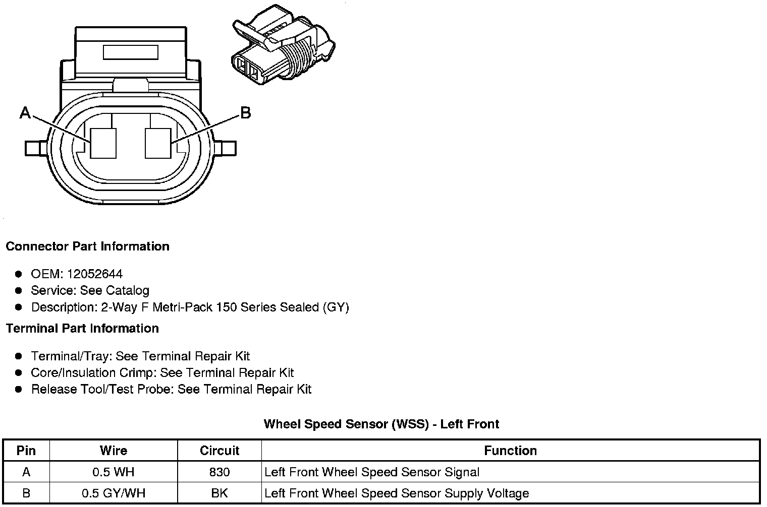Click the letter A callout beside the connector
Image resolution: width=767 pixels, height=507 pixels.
tap(25, 112)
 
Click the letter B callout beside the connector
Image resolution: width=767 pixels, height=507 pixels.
tap(245, 112)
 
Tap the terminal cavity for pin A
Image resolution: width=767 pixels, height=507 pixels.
tap(103, 144)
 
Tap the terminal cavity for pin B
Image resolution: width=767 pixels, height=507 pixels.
tap(157, 144)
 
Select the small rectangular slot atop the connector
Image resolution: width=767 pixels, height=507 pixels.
tap(130, 52)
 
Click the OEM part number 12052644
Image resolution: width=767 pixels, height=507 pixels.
tap(95, 274)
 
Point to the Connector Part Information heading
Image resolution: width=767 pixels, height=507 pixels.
tap(87, 246)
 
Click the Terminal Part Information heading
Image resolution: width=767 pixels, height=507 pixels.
tap(82, 329)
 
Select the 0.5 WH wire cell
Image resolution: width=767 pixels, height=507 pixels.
tap(114, 472)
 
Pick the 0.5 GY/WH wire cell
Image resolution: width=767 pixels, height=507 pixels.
tap(114, 493)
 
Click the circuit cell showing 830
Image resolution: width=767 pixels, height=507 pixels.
tap(220, 472)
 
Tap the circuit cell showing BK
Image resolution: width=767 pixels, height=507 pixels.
tap(220, 493)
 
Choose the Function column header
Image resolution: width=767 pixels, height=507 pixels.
tap(510, 451)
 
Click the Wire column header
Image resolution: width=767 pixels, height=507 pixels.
tap(114, 451)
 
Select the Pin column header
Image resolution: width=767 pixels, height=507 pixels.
tap(26, 451)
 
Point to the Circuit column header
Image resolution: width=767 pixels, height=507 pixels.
tap(220, 451)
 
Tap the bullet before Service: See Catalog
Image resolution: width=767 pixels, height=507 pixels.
tap(19, 291)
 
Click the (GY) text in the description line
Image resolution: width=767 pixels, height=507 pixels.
tap(336, 307)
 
